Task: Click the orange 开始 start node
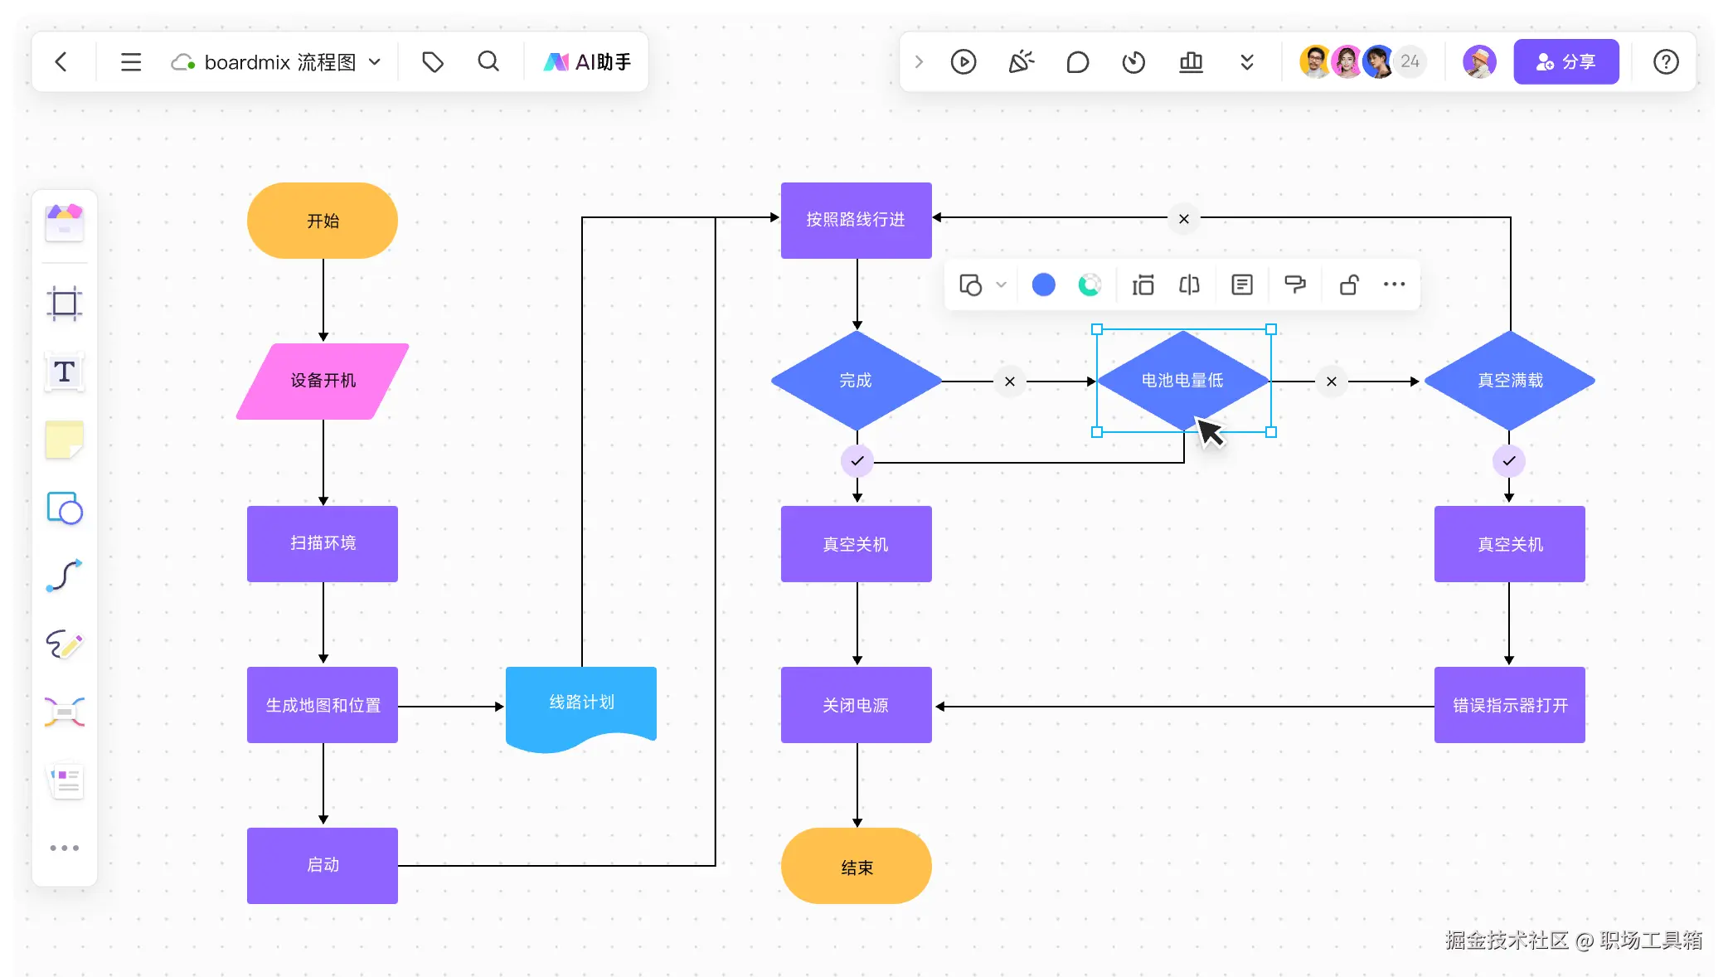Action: (x=323, y=221)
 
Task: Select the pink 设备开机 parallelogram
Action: (x=323, y=381)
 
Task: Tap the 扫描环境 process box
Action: (x=323, y=543)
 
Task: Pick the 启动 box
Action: (x=323, y=865)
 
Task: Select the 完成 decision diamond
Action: (x=857, y=381)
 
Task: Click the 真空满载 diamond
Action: (x=1510, y=381)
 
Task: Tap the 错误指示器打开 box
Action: (x=1510, y=705)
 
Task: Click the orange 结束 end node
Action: (x=857, y=866)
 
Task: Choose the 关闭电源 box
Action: (x=857, y=705)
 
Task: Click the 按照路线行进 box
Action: (x=857, y=221)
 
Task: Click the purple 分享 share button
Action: (x=1566, y=61)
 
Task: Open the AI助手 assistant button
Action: (x=587, y=61)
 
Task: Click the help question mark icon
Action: (x=1666, y=61)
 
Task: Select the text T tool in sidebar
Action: (x=65, y=372)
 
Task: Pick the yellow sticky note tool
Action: (x=65, y=440)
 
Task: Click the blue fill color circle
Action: (x=1043, y=284)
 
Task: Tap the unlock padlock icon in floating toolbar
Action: (x=1349, y=284)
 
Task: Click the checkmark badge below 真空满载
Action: (x=1509, y=461)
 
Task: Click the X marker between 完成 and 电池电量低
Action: (x=1010, y=382)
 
